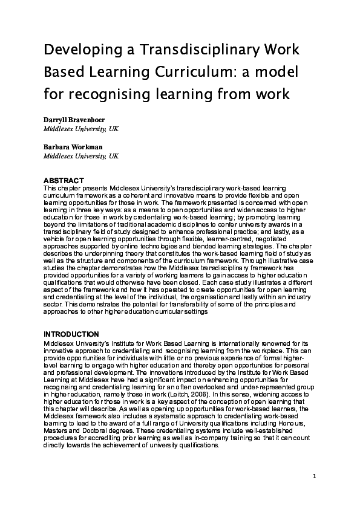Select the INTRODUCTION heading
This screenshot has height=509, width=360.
coord(71,334)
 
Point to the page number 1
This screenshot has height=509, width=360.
coord(315,476)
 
